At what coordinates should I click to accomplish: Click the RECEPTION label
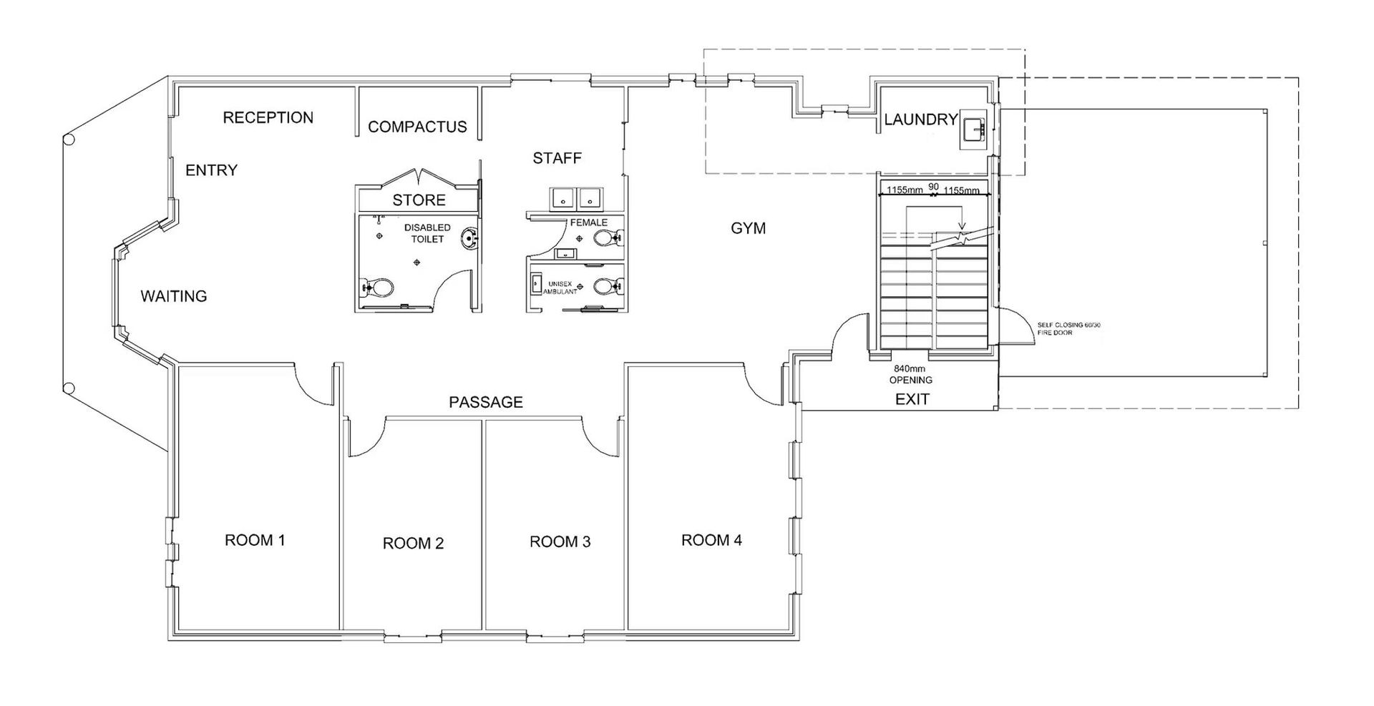[x=268, y=118]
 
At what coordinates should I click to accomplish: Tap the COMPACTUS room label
[x=417, y=127]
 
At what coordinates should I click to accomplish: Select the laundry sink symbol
[x=974, y=131]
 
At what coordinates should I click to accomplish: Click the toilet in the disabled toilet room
[x=379, y=288]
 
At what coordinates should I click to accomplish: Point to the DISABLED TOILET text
[x=427, y=233]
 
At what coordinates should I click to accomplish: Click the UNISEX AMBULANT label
[x=560, y=288]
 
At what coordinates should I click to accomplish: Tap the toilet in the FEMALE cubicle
[x=610, y=239]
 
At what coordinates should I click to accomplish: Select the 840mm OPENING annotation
[x=911, y=375]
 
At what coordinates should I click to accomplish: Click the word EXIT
[x=912, y=400]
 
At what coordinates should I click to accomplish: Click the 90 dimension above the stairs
[x=933, y=187]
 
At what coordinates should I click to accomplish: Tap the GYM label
[x=748, y=228]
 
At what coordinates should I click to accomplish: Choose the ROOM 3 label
[x=560, y=542]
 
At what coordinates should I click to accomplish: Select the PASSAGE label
[x=486, y=403]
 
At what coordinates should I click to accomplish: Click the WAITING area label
[x=173, y=296]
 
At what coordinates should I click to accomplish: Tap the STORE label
[x=419, y=200]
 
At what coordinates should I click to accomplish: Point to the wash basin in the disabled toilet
[x=469, y=238]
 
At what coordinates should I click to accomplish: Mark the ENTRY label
[x=211, y=170]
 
